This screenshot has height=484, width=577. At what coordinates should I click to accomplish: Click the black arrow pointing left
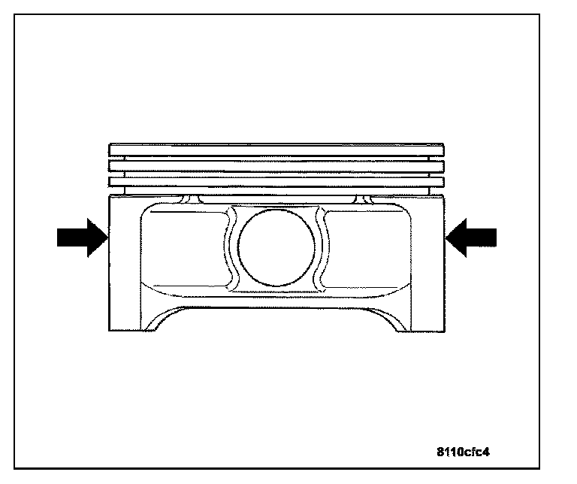pyautogui.click(x=472, y=237)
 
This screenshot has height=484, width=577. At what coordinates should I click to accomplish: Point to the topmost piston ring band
pyautogui.click(x=276, y=150)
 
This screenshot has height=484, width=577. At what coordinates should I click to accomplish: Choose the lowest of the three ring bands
pyautogui.click(x=276, y=182)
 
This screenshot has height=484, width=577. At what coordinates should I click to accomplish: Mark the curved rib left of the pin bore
pyautogui.click(x=229, y=248)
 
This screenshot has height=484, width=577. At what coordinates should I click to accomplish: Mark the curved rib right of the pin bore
pyautogui.click(x=323, y=248)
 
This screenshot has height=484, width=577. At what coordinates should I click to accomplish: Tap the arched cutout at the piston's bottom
pyautogui.click(x=276, y=319)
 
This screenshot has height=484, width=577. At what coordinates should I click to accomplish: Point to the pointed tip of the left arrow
pyautogui.click(x=108, y=237)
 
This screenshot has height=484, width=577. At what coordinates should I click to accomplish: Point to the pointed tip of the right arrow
pyautogui.click(x=446, y=237)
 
